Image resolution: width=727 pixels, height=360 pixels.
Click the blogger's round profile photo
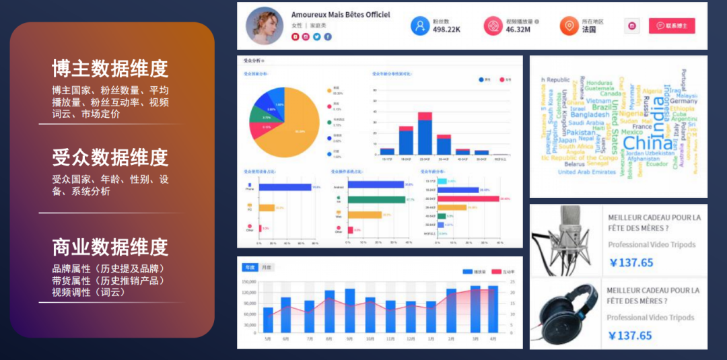[265, 26]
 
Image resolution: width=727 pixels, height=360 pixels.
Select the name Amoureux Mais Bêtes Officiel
[340, 15]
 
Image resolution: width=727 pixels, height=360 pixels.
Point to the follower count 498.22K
[446, 30]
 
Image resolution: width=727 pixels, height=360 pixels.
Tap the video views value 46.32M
[518, 30]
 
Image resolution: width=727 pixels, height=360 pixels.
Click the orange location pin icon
[569, 26]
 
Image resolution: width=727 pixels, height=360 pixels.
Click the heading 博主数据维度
[110, 69]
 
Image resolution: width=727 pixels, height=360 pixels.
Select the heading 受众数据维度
[110, 157]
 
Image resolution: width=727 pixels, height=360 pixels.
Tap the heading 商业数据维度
[110, 247]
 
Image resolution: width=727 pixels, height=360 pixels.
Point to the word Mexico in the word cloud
[632, 133]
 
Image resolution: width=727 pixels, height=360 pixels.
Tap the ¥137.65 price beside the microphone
[631, 263]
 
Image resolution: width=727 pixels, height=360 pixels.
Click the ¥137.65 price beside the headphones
[630, 336]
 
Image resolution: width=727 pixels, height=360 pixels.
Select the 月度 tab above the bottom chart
[267, 267]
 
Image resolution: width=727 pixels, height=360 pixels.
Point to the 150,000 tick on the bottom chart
[248, 282]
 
